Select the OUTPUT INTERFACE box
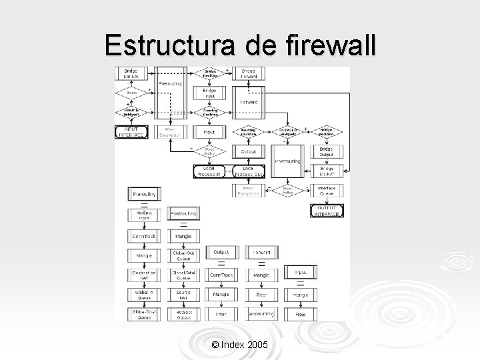(327, 211)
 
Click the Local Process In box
(211, 171)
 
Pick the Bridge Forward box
(249, 74)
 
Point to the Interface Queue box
(327, 191)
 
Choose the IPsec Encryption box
(249, 191)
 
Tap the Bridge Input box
(210, 93)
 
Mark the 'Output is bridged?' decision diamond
(287, 133)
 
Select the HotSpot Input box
(143, 215)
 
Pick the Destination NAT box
(143, 274)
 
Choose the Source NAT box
(183, 293)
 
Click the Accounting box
(261, 313)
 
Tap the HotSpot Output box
(183, 313)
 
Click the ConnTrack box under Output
(221, 274)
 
